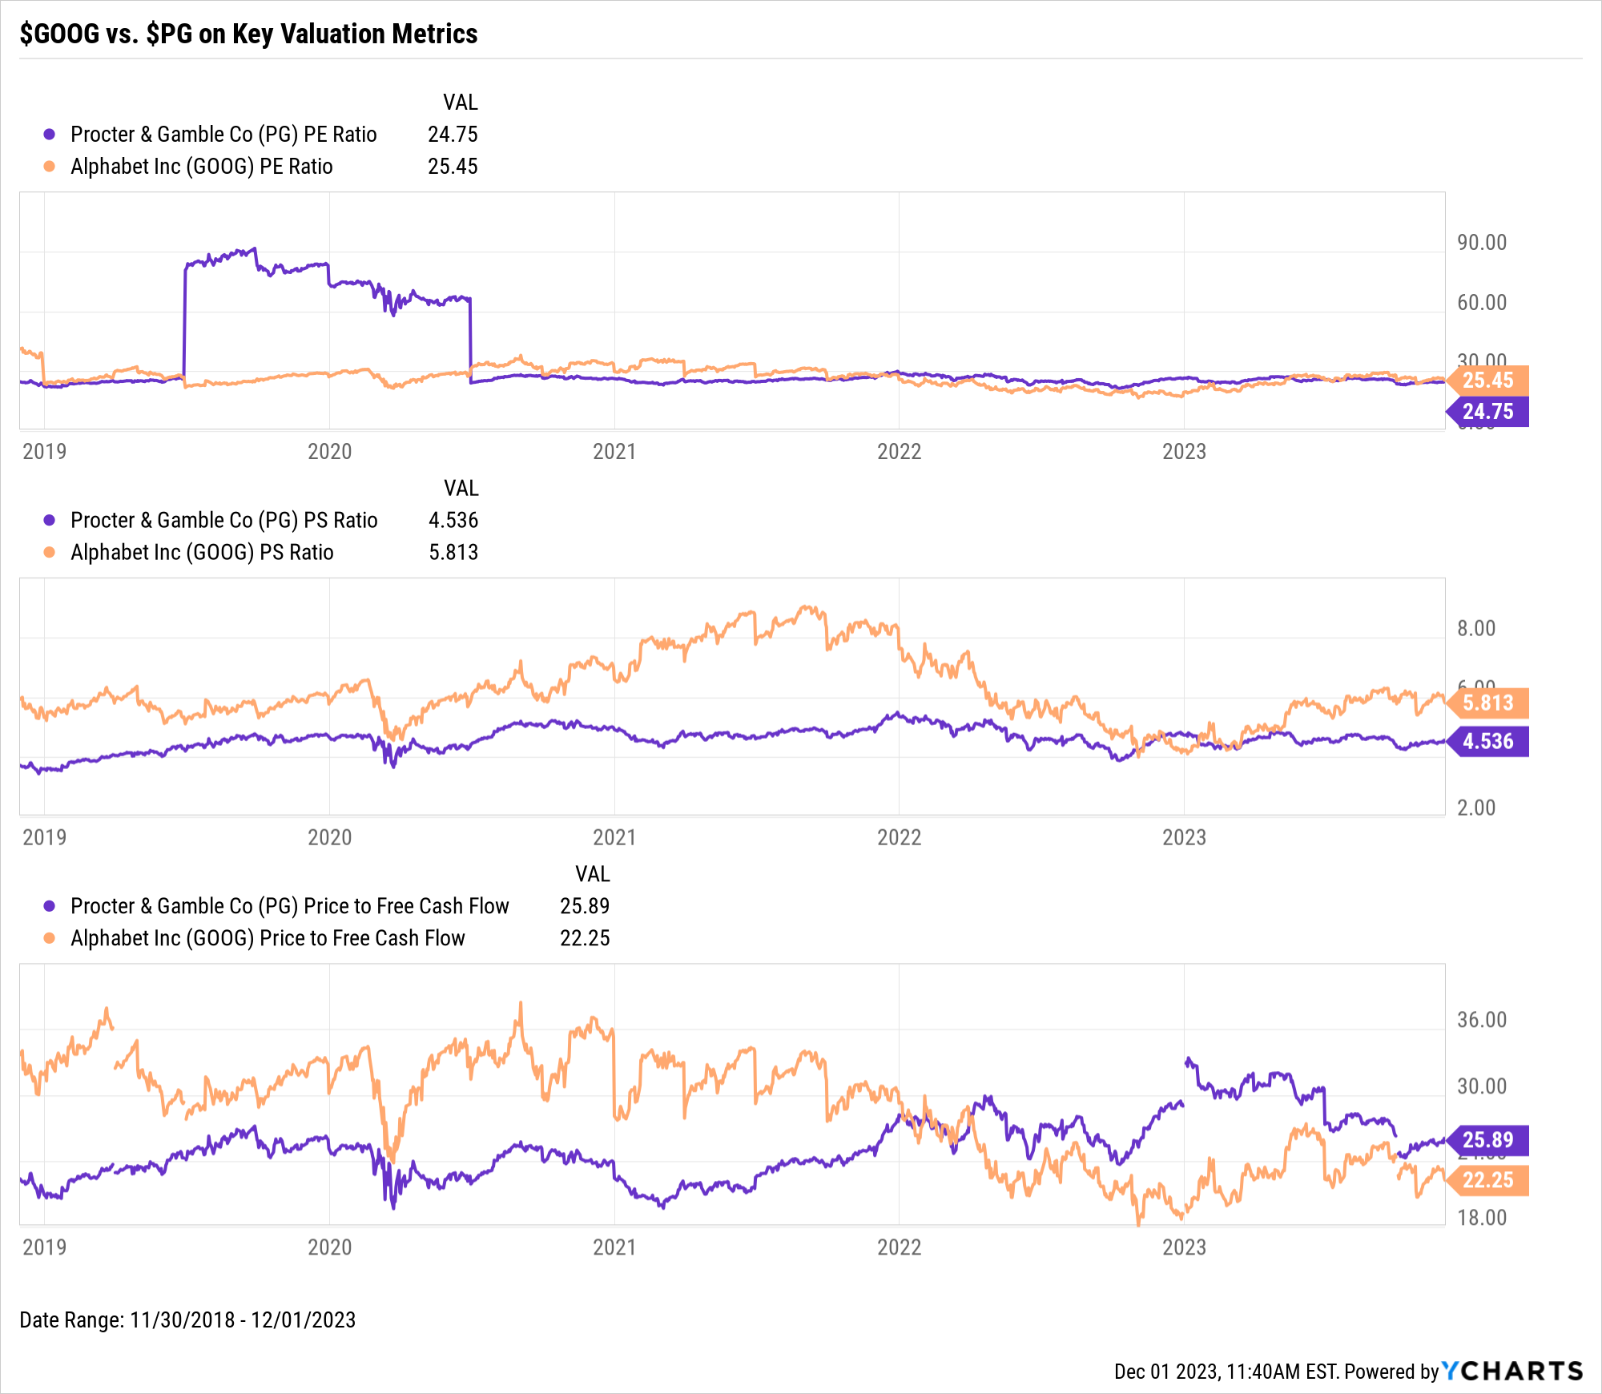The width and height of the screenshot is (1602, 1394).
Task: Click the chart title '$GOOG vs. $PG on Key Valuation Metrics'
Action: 248,34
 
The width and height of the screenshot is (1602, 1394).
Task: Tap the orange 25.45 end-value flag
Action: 1488,380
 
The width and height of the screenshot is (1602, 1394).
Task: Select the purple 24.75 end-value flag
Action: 1488,412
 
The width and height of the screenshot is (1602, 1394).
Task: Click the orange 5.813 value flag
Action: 1488,703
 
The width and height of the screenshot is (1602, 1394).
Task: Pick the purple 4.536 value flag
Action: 1488,741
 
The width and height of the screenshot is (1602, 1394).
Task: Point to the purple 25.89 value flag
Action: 1488,1139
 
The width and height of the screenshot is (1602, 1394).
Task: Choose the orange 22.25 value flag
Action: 1488,1180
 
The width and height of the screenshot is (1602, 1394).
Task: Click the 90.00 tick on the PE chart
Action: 1482,242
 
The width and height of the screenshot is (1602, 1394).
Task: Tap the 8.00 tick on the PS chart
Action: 1476,628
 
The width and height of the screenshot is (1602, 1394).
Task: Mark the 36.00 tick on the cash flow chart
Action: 1482,1019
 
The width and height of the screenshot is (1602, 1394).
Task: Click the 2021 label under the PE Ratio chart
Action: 614,451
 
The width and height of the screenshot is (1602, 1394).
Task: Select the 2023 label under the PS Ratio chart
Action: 1184,837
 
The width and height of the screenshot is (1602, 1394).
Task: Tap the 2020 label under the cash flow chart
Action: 329,1247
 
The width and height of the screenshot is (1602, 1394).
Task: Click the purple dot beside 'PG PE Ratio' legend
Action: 50,134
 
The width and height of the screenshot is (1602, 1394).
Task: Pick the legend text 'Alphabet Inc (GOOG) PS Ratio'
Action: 202,552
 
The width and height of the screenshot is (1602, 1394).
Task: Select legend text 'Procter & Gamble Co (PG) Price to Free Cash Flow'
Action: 290,905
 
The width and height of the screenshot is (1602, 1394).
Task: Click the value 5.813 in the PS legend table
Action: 453,552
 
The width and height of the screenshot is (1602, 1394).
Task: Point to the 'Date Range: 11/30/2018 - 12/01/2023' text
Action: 187,1319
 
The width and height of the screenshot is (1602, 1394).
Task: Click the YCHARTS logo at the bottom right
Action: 1512,1371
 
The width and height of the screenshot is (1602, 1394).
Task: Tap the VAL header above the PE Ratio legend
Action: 461,102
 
